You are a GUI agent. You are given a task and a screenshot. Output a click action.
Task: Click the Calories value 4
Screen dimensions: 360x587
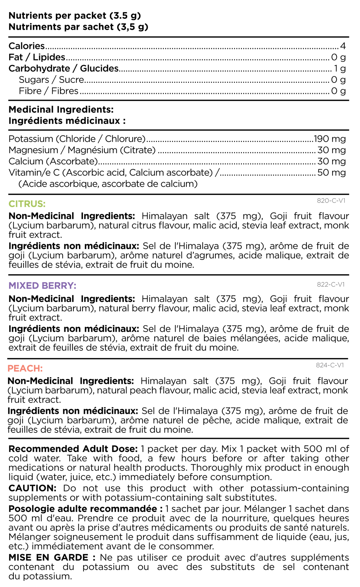click(x=342, y=46)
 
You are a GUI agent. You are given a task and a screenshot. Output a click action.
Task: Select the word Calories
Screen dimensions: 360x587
click(x=27, y=46)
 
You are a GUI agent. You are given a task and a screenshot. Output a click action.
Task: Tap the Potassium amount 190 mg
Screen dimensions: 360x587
click(x=330, y=139)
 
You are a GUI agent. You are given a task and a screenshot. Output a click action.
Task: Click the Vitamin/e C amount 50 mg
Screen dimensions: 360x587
click(x=332, y=173)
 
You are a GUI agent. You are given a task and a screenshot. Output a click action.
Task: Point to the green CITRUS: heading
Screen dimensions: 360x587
click(x=27, y=204)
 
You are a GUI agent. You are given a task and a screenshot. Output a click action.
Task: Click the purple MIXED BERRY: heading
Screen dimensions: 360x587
click(x=42, y=286)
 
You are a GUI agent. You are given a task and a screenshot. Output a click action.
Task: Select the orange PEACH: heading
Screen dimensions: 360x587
click(x=25, y=369)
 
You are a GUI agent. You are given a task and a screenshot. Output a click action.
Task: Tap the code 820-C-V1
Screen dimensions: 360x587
click(x=331, y=201)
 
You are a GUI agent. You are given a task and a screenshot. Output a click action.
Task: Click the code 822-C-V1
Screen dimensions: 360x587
click(x=331, y=284)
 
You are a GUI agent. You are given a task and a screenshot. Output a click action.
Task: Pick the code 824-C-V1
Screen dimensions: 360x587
click(x=330, y=365)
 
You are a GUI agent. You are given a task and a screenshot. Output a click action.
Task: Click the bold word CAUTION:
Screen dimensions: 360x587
click(x=33, y=488)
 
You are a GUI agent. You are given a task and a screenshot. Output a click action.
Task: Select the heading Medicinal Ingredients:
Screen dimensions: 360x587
click(x=61, y=110)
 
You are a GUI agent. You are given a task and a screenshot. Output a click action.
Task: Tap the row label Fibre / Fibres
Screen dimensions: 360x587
click(x=49, y=91)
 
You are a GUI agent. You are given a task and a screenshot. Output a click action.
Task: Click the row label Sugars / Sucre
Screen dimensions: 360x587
click(x=52, y=80)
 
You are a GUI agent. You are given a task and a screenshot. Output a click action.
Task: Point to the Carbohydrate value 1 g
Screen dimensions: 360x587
click(x=340, y=68)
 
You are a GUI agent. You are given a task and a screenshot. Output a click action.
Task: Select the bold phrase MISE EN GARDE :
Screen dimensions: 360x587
click(x=52, y=558)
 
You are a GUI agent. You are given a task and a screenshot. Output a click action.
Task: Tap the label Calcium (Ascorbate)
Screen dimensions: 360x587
click(x=54, y=161)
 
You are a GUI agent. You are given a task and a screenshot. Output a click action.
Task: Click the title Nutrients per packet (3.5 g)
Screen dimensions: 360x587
click(x=75, y=16)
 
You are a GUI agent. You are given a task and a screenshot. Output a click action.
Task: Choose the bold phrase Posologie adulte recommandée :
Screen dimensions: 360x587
click(x=86, y=509)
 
